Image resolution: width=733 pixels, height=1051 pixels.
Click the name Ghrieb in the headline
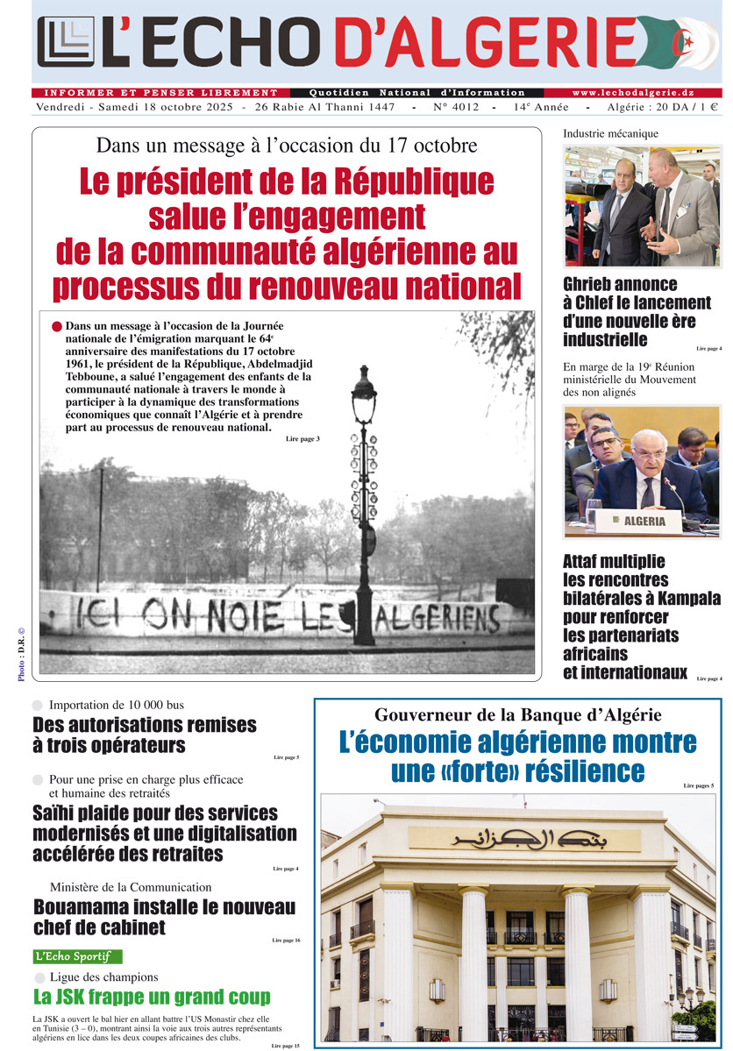(594, 284)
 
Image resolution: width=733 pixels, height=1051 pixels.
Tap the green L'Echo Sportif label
(77, 956)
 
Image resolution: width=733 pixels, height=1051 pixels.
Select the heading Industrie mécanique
(610, 134)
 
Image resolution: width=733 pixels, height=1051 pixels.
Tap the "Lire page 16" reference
(286, 941)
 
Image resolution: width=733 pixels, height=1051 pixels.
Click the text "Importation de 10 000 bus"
(117, 705)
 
